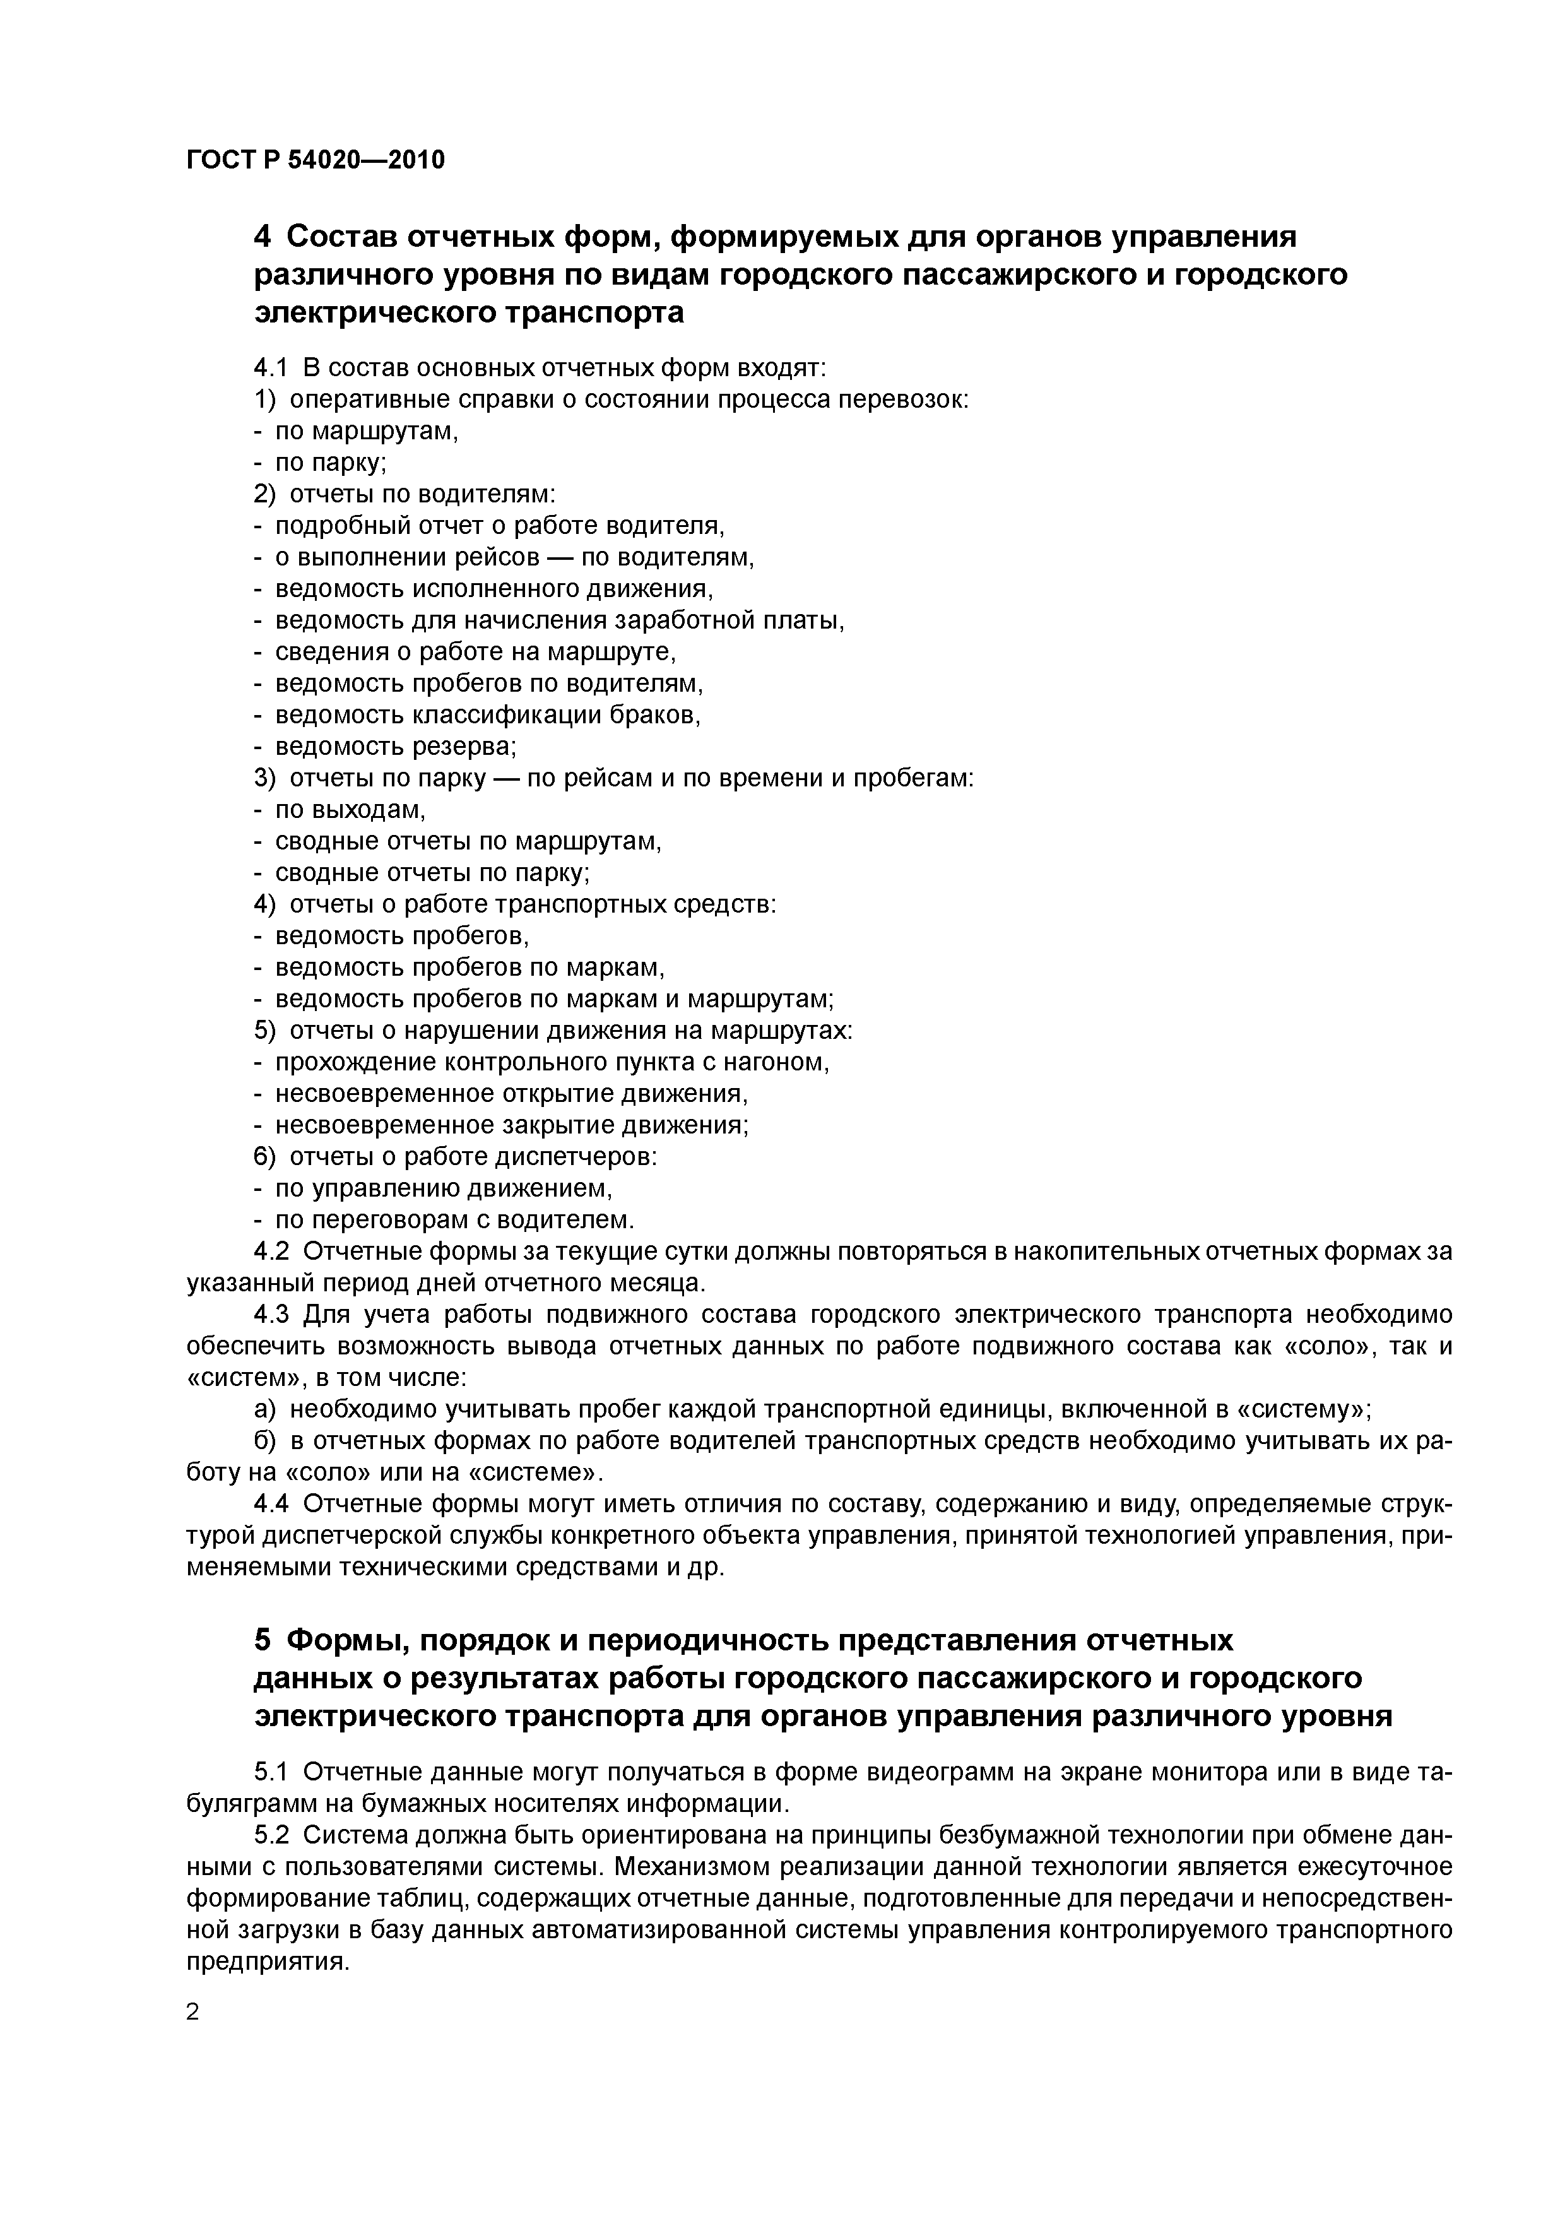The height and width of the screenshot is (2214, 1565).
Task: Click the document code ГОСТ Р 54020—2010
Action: (x=316, y=160)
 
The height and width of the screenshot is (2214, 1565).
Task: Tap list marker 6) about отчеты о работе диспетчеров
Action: (x=264, y=1157)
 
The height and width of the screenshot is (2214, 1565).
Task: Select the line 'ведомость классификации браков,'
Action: (x=488, y=716)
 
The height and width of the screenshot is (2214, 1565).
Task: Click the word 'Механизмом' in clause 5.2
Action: (x=694, y=1868)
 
